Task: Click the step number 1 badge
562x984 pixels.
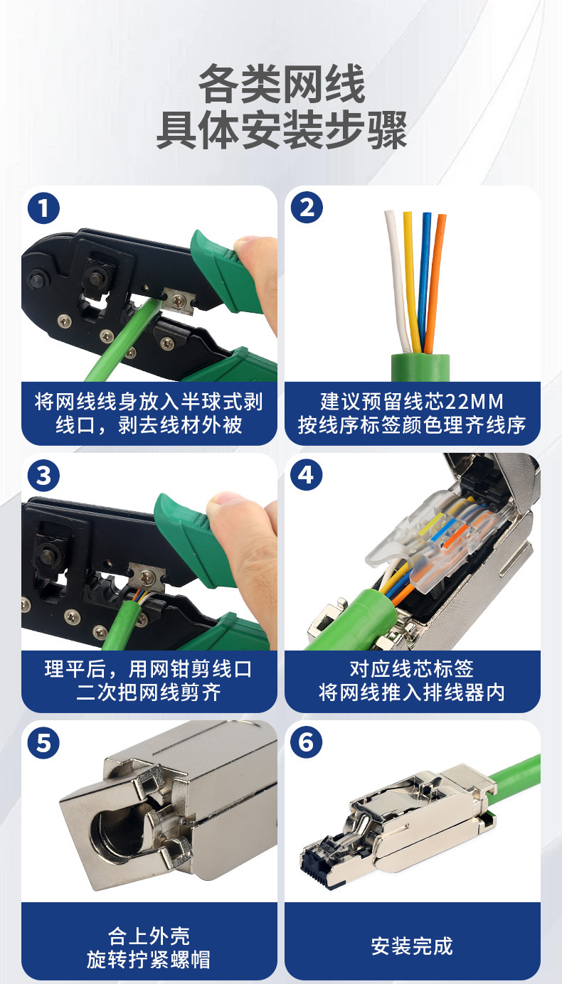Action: point(43,208)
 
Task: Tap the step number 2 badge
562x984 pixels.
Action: point(307,207)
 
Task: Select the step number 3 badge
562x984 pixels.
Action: point(43,476)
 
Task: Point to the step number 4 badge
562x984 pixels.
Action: point(307,474)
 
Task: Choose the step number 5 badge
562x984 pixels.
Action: point(43,743)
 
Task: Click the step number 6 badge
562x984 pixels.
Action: point(307,742)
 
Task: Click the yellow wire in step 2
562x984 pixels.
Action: point(411,281)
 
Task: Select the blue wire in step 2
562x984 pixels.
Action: point(425,281)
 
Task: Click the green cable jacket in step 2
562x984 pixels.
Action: point(420,368)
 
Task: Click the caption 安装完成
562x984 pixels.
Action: point(412,946)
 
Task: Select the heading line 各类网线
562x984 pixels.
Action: point(281,83)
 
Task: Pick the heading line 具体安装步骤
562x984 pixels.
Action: point(281,129)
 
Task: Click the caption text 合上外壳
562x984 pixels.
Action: point(149,936)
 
